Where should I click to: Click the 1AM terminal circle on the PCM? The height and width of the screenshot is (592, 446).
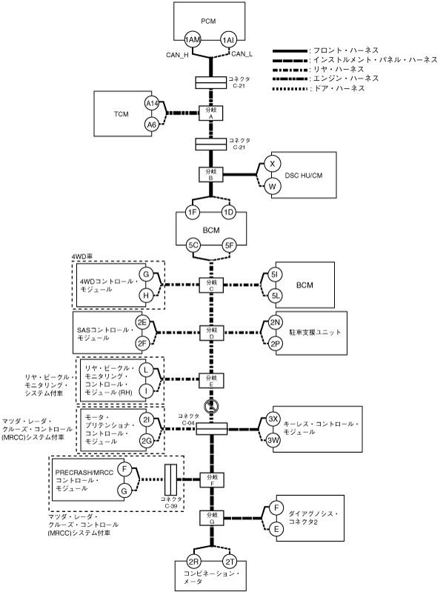point(193,39)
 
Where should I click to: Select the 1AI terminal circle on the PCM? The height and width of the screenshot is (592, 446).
point(228,39)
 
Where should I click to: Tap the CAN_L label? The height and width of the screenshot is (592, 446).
point(243,53)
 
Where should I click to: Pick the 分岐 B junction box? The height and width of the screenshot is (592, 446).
point(211,174)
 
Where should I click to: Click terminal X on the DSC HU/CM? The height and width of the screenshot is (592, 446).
point(273,164)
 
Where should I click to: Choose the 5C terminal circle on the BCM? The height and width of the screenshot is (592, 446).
point(193,244)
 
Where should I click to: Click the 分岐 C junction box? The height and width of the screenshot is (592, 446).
point(211,285)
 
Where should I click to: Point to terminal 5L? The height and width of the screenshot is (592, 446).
point(275,295)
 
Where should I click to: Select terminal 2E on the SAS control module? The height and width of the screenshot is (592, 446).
point(142,322)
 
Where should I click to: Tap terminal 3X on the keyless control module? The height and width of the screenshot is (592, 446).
point(273,419)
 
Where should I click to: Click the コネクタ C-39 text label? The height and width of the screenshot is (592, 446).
point(171,502)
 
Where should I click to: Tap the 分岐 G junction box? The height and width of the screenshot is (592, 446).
point(211,517)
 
